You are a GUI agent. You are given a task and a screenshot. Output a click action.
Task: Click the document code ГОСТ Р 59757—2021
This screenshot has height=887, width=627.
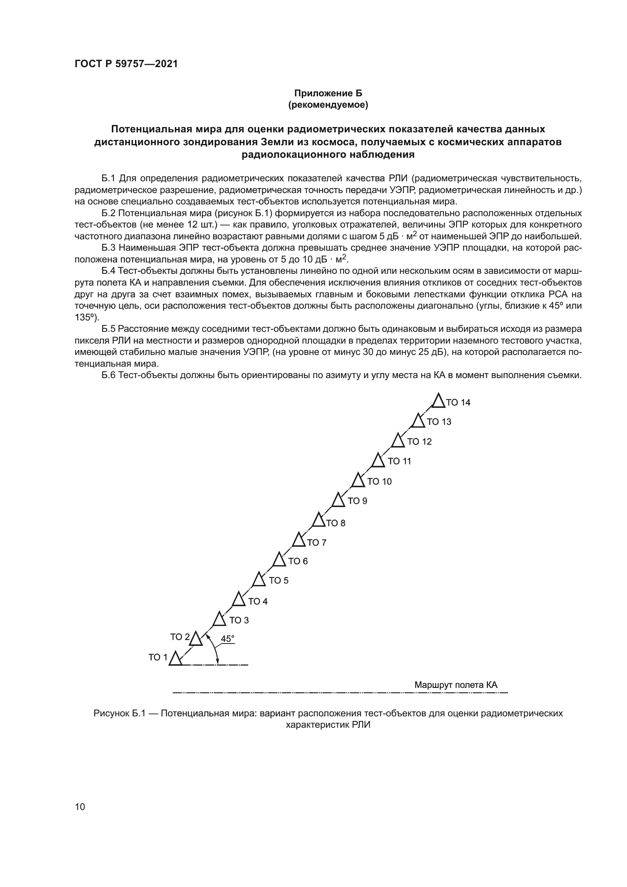(126, 64)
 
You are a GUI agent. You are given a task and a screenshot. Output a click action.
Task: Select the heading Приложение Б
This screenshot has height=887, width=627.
(328, 93)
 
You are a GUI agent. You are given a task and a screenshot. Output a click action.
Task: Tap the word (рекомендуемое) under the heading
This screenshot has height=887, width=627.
(328, 105)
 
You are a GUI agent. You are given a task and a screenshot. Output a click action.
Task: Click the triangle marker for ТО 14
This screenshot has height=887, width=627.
(438, 401)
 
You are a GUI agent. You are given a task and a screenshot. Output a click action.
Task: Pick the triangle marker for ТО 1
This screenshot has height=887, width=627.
(175, 659)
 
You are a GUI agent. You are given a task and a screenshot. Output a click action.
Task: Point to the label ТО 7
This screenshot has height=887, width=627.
(317, 543)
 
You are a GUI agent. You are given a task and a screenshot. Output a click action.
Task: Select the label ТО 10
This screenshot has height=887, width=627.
(379, 481)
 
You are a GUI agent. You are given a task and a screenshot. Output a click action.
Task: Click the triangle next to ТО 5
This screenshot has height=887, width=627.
(259, 580)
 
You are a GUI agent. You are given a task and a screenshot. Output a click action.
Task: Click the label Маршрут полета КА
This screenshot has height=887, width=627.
(456, 685)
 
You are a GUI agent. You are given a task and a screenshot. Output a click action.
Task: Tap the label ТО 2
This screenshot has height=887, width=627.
(180, 637)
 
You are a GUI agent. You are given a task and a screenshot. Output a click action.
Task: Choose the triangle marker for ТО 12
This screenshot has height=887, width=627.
(398, 441)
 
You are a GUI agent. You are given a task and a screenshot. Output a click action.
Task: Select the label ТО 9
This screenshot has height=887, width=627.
(357, 501)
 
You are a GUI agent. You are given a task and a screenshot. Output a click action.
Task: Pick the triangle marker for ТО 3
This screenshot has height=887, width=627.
(219, 619)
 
